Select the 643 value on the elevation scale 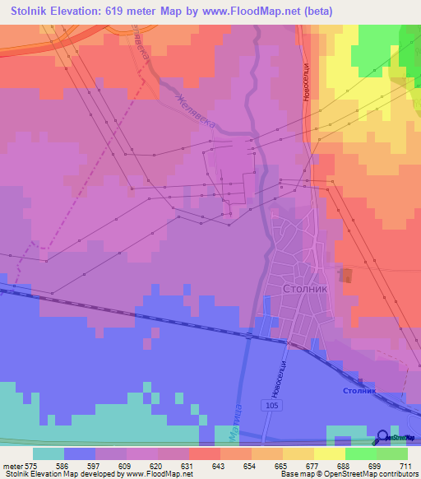pyautogui.click(x=218, y=465)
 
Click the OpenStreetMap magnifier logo pyautogui.click(x=383, y=438)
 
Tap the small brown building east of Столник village pyautogui.click(x=346, y=276)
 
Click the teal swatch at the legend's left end pyautogui.click(x=49, y=453)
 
